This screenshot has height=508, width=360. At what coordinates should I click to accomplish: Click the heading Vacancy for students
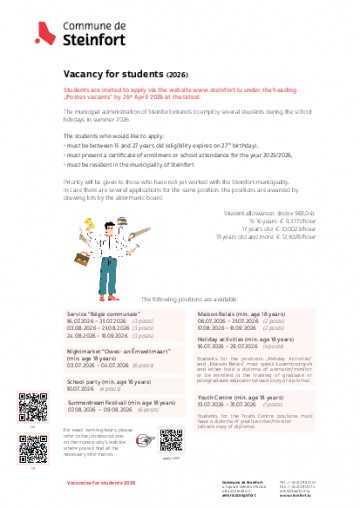(118, 74)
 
